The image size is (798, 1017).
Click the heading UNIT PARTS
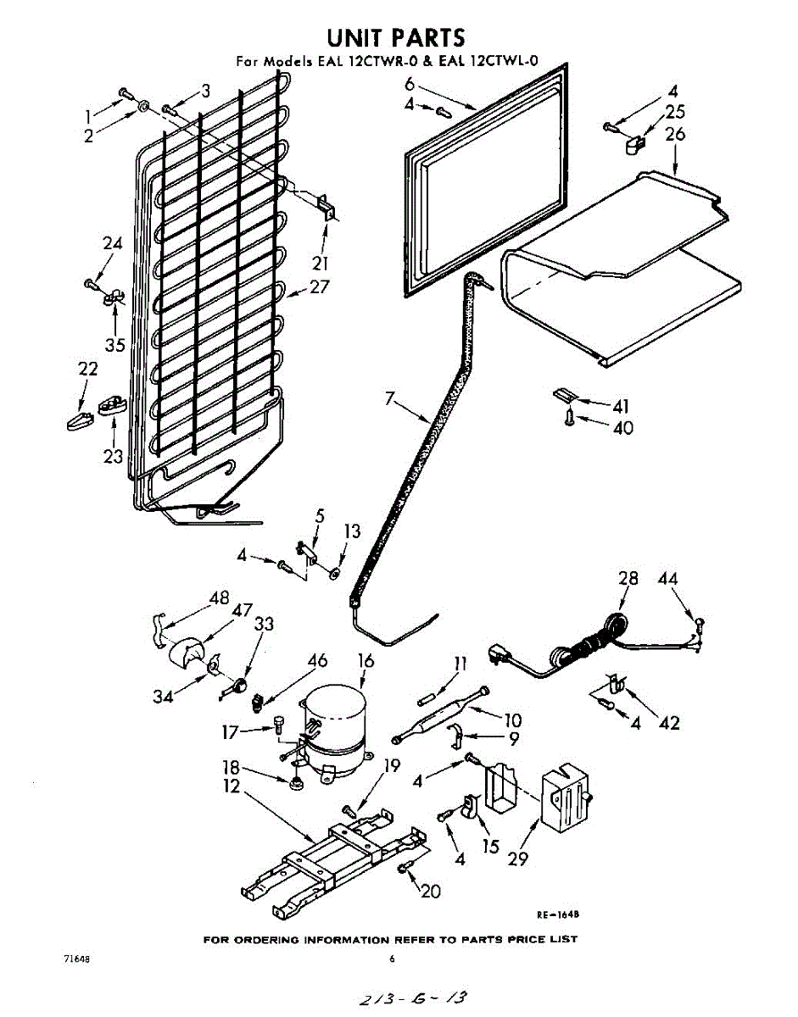[396, 37]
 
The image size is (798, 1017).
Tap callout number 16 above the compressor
[365, 659]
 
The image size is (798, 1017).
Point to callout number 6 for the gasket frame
[410, 84]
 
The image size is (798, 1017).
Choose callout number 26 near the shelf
[675, 134]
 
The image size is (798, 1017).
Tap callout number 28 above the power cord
[628, 579]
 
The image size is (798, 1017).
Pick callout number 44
[668, 579]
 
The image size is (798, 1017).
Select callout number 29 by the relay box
[518, 858]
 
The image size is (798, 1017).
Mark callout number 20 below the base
[430, 891]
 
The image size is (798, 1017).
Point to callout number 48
[220, 597]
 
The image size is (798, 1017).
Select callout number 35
[114, 345]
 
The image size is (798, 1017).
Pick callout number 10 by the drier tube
[512, 720]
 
